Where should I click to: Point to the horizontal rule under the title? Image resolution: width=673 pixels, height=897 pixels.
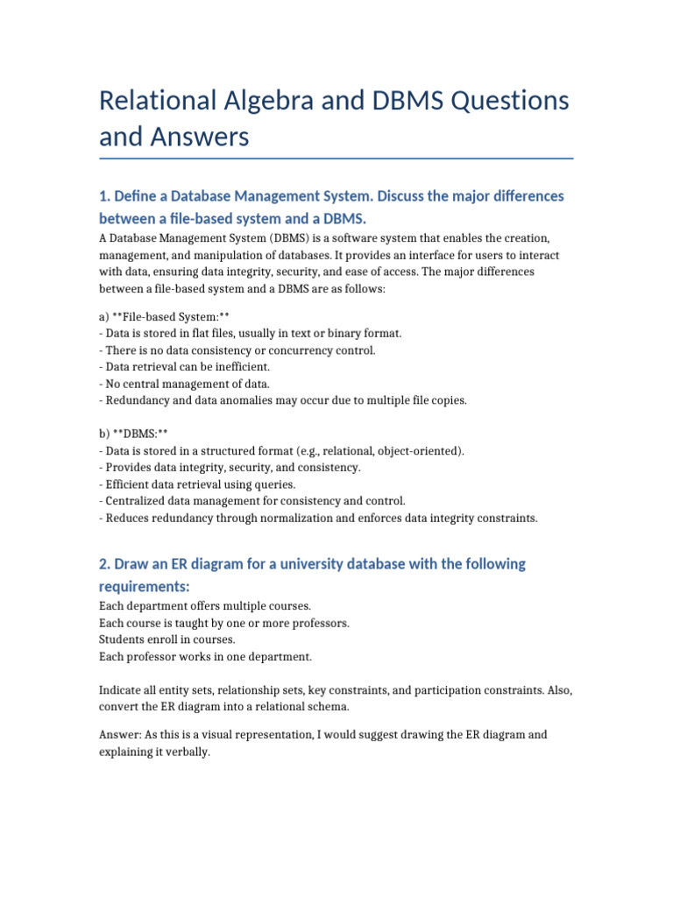point(336,159)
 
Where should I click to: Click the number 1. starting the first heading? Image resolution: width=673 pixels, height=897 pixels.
point(105,195)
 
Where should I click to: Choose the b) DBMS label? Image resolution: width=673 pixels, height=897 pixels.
point(133,434)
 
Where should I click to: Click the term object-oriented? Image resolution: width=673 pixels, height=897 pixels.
point(415,450)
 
